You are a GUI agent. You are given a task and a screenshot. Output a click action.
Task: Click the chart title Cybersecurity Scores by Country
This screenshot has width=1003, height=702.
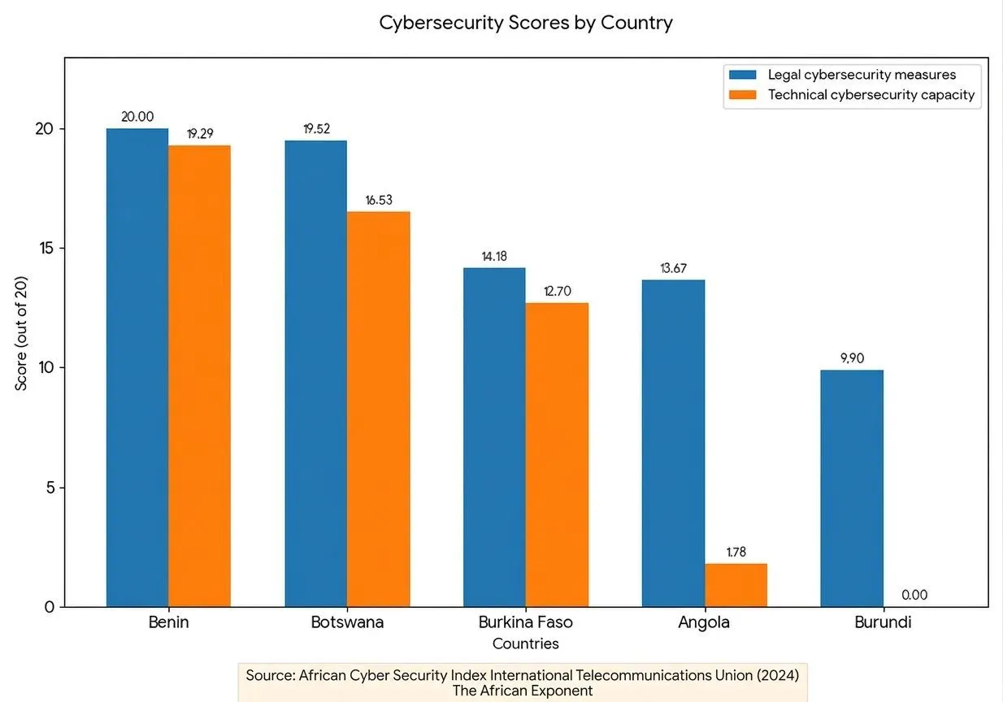[x=526, y=23]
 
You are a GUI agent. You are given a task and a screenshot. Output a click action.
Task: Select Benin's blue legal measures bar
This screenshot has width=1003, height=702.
[x=137, y=366]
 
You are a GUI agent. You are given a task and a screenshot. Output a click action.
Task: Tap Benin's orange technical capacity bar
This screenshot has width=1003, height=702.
[x=199, y=374]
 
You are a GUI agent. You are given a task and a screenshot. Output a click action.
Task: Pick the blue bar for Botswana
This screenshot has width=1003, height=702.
[x=315, y=374]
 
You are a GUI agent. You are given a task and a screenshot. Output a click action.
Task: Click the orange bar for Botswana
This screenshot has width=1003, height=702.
[x=378, y=406]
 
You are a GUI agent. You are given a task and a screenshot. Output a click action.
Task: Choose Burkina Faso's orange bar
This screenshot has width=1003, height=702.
[x=557, y=455]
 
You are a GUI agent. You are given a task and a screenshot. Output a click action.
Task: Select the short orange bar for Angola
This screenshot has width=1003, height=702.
[x=736, y=585]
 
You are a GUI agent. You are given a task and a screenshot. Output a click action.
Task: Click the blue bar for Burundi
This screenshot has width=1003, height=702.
[x=852, y=487]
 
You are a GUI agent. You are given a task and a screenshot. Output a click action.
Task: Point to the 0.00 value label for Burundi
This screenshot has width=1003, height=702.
[x=914, y=595]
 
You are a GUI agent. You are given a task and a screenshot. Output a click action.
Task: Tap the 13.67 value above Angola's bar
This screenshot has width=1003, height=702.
[x=673, y=268]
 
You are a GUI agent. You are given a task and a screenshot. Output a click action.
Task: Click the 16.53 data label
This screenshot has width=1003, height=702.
[x=379, y=200]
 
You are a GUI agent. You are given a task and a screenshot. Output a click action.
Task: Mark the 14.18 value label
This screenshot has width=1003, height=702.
[x=494, y=256]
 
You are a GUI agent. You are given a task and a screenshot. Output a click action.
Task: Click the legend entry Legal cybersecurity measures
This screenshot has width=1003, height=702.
[x=862, y=75]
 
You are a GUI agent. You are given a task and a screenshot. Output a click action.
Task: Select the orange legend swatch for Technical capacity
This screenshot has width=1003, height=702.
[x=743, y=95]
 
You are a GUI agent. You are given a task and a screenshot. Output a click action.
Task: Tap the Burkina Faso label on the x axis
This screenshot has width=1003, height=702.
[x=526, y=622]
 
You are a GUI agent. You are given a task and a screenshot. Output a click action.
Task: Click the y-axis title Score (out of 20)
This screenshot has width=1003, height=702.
[x=22, y=332]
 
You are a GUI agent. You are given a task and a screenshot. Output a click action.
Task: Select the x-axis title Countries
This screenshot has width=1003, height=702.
[x=526, y=643]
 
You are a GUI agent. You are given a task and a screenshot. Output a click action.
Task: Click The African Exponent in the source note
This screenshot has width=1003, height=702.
[x=523, y=691]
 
